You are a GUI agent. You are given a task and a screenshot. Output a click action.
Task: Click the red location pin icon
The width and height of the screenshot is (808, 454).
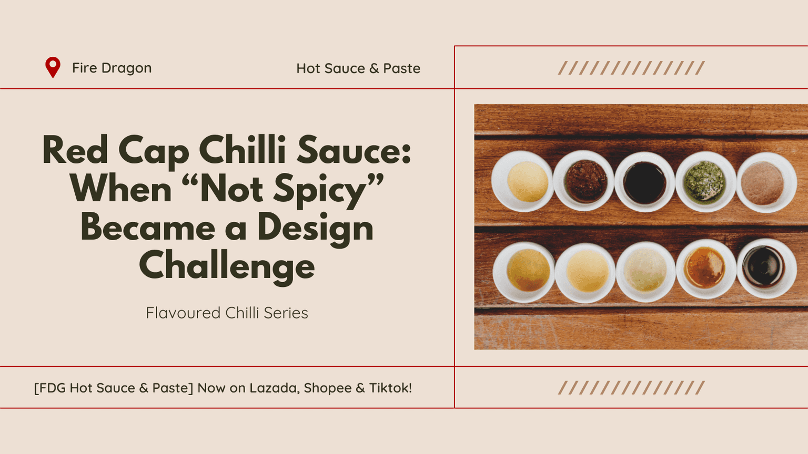53,67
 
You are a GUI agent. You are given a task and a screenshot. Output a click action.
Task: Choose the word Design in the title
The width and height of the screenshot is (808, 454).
315,228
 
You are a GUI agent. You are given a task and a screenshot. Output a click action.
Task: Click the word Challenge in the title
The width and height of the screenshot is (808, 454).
227,266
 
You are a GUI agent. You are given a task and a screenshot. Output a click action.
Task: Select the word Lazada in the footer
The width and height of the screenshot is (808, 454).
274,388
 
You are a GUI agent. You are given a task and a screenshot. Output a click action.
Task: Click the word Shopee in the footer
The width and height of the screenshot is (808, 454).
328,388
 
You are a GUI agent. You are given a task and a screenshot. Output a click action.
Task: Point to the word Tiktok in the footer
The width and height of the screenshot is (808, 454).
390,388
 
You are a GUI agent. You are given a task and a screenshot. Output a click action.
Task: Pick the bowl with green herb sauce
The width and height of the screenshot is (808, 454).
705,182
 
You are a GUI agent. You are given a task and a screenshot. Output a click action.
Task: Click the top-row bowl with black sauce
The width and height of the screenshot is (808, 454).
644,182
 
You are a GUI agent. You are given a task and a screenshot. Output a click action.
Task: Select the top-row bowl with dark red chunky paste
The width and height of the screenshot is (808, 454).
584,182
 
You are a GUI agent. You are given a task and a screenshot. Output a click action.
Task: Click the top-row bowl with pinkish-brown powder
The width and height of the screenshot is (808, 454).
765,182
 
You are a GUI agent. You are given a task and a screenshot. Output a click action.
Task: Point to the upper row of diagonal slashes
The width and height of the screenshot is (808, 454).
631,68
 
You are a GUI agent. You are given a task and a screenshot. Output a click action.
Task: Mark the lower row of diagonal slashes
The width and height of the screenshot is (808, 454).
631,388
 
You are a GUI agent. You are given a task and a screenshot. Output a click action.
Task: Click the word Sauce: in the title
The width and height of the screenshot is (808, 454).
353,151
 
